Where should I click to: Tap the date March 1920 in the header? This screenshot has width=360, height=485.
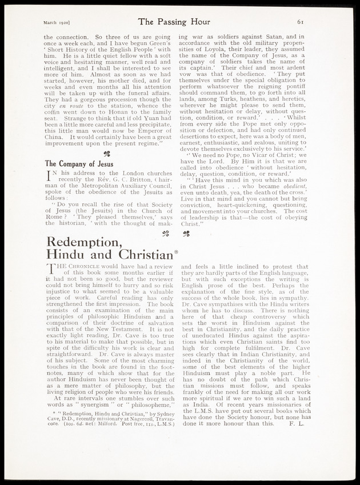57,23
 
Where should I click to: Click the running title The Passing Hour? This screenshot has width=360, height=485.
180,23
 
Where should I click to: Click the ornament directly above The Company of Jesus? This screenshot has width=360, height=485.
106,153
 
